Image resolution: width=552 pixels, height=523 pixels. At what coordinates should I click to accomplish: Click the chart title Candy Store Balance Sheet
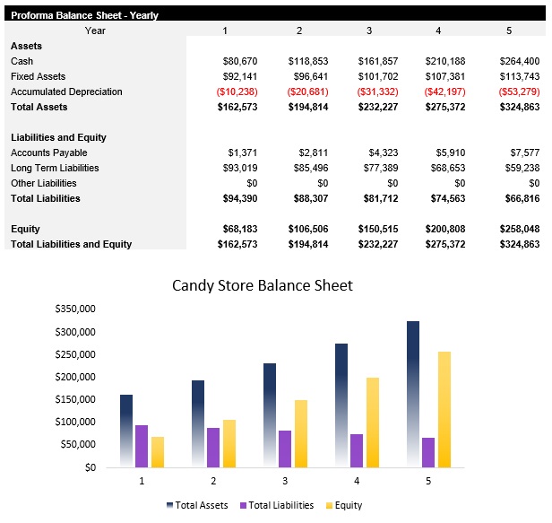[263, 285]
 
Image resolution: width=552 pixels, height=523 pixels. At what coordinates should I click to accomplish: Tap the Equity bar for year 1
[158, 452]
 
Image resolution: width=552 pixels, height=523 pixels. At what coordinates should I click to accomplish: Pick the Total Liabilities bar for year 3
[285, 449]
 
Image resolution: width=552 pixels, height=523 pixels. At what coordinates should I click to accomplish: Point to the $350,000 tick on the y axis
[75, 309]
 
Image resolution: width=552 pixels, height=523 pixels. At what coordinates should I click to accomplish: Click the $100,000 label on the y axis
[75, 422]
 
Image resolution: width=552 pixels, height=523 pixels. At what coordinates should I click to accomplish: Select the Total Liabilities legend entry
[278, 505]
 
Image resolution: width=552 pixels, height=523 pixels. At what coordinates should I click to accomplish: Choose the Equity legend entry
[343, 505]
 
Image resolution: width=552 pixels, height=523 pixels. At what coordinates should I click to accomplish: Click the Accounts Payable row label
[48, 153]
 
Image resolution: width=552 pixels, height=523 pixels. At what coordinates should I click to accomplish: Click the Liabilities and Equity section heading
[58, 137]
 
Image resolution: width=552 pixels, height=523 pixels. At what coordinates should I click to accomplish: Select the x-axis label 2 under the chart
[213, 482]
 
